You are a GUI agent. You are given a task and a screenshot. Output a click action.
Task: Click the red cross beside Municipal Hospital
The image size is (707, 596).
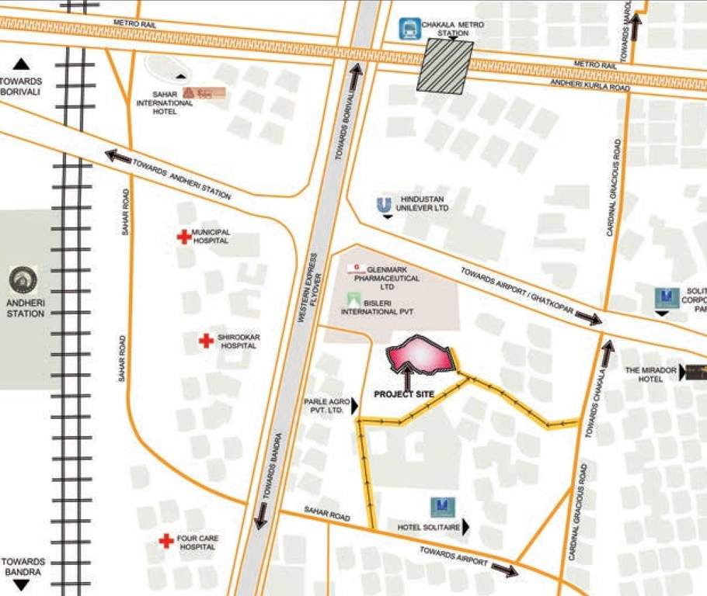184,237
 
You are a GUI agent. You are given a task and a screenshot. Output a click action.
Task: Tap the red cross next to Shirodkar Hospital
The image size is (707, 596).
206,341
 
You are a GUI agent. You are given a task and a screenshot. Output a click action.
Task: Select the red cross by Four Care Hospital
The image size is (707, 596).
165,541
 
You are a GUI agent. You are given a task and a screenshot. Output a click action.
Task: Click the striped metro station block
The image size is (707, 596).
445,66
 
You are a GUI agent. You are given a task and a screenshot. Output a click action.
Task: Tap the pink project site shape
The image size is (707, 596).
420,355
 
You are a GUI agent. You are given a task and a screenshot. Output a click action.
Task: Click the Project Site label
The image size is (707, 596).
404,394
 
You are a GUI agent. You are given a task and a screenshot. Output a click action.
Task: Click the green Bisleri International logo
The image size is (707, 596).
354,300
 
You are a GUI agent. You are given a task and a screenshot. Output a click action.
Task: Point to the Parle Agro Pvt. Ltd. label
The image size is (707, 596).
324,405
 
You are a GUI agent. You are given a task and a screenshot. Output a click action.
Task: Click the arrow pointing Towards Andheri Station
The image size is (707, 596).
118,157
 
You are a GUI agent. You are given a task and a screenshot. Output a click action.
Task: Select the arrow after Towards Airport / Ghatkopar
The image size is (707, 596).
589,318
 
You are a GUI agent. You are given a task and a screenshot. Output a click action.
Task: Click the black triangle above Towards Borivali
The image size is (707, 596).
21,64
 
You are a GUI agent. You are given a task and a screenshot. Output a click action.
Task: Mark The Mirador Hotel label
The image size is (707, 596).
651,375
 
